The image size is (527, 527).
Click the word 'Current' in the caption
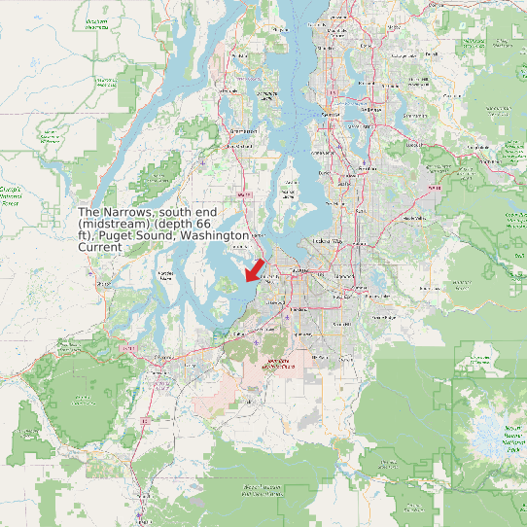[100, 248]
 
